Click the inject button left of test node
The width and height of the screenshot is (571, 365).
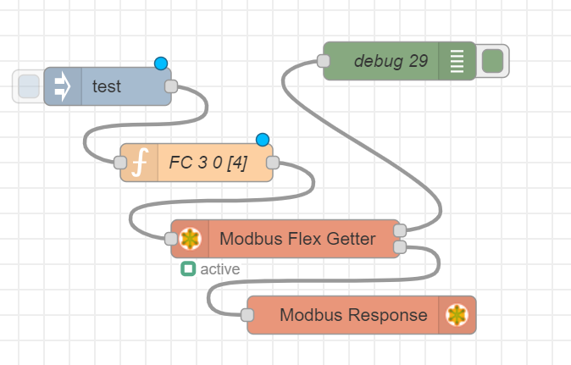pos(28,86)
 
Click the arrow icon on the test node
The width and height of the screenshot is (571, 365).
pos(64,86)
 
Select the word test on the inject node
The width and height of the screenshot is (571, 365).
pos(107,86)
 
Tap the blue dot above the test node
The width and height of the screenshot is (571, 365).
pos(161,64)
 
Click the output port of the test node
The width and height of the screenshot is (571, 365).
pos(170,86)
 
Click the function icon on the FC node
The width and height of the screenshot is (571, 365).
pos(140,163)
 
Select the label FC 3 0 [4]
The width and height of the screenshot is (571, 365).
pos(208,163)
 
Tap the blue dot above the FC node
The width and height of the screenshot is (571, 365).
pos(263,140)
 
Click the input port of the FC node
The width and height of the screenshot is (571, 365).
pos(119,163)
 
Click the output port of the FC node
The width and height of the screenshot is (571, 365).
pos(273,163)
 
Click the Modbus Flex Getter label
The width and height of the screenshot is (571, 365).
pos(297,239)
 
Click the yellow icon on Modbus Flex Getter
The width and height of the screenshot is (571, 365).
pos(191,239)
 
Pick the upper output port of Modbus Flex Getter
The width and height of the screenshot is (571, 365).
pos(400,230)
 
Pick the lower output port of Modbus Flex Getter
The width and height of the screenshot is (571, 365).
pos(400,247)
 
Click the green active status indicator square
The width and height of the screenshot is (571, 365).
pos(188,269)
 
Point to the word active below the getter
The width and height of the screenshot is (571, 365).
pos(220,269)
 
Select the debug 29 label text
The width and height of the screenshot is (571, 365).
pos(391,61)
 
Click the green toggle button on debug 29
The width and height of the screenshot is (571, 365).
pos(492,61)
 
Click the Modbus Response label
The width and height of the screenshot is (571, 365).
pos(353,315)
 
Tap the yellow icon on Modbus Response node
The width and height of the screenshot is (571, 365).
pos(457,315)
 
